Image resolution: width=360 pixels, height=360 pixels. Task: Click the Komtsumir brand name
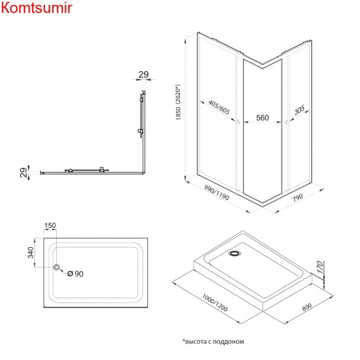[37, 8]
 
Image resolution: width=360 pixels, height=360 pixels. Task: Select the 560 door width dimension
[262, 118]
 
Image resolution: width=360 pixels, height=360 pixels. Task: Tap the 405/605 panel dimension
[219, 107]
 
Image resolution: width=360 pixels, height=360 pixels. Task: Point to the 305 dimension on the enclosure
[299, 110]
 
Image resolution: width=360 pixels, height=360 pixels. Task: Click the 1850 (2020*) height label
[178, 102]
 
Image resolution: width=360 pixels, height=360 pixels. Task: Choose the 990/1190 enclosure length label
[217, 192]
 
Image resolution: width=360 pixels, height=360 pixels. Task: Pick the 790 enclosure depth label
[298, 198]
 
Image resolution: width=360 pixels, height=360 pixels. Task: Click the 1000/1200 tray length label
[215, 302]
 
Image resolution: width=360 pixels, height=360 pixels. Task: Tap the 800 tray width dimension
[307, 307]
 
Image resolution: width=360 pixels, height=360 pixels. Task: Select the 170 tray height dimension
[320, 267]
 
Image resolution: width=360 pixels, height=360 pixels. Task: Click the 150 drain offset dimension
[50, 226]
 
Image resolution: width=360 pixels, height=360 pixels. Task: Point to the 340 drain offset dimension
[31, 253]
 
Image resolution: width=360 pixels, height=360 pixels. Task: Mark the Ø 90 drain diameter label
[75, 274]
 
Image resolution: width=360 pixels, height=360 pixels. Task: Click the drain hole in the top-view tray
[57, 267]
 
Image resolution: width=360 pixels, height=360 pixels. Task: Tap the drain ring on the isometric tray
[234, 253]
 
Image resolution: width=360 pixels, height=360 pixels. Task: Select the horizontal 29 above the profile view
[143, 74]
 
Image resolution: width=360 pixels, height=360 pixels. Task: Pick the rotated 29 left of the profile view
[24, 173]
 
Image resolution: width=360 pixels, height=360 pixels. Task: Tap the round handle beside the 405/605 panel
[238, 122]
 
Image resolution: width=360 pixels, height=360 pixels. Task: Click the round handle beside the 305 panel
[287, 122]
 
